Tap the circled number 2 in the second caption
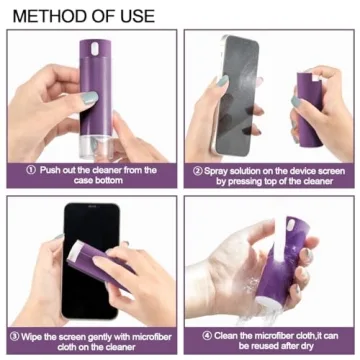pos(197,170)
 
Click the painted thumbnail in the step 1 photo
pos(87,99)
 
